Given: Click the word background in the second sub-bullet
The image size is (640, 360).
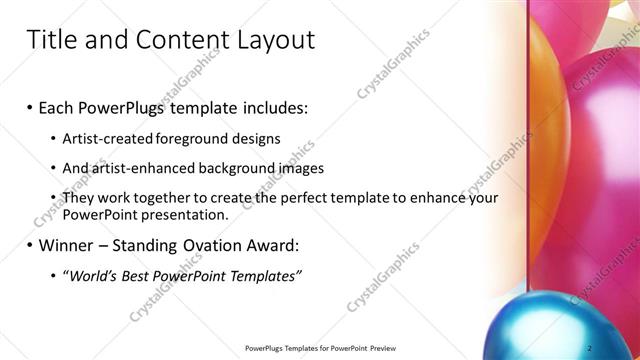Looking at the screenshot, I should click(x=238, y=168).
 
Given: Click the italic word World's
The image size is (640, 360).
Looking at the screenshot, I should click(x=96, y=276).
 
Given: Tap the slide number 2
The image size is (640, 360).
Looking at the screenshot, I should click(x=590, y=347).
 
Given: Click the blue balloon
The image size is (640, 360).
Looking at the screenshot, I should click(x=560, y=325).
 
